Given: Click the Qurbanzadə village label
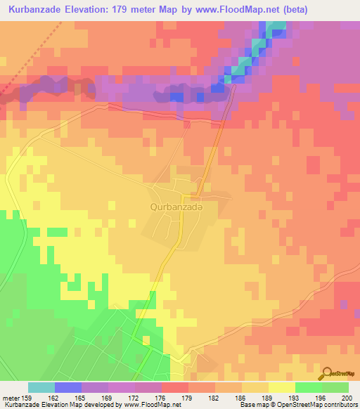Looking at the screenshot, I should tap(176, 207).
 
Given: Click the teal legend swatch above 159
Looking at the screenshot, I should tap(41, 387).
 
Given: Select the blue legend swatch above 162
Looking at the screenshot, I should tap(68, 387).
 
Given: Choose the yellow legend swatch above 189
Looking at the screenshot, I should tap(255, 387).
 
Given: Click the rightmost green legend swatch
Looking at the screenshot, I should tap(335, 387).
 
